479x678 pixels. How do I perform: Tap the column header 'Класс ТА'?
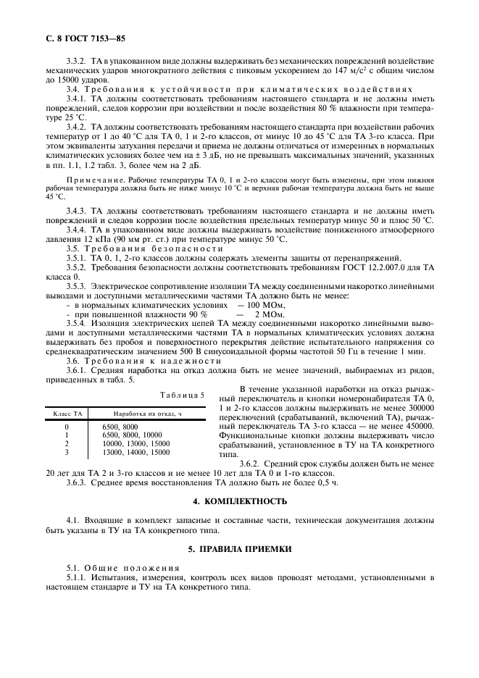(66, 413)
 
